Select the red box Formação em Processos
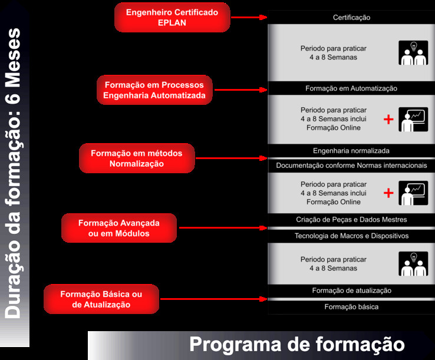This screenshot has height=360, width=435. pos(154,90)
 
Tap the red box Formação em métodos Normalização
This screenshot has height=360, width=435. pos(137,158)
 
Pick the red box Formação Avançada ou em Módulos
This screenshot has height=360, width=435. pos(119,228)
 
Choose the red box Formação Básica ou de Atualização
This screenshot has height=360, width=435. pos(101,299)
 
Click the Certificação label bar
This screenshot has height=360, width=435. pos(351,17)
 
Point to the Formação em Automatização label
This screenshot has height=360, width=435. pos(351,88)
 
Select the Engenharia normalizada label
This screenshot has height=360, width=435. pos(351,151)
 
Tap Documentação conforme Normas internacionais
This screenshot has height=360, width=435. pos(351,166)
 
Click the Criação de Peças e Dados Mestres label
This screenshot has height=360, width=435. pos(351,220)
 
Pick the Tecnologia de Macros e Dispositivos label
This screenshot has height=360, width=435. pos(351,236)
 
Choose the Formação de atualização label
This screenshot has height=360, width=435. pos(351,290)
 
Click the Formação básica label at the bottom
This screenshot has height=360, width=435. pos(351,307)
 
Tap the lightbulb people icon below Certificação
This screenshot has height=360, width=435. pos(413,53)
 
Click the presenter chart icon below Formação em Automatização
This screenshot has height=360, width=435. pos(413,120)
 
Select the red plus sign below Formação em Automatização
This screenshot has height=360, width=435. pos(388,120)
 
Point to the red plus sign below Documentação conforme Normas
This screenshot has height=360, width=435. pos(388,193)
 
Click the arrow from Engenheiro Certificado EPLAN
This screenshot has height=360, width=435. pos(249,18)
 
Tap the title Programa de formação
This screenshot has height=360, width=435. pos(297,344)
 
